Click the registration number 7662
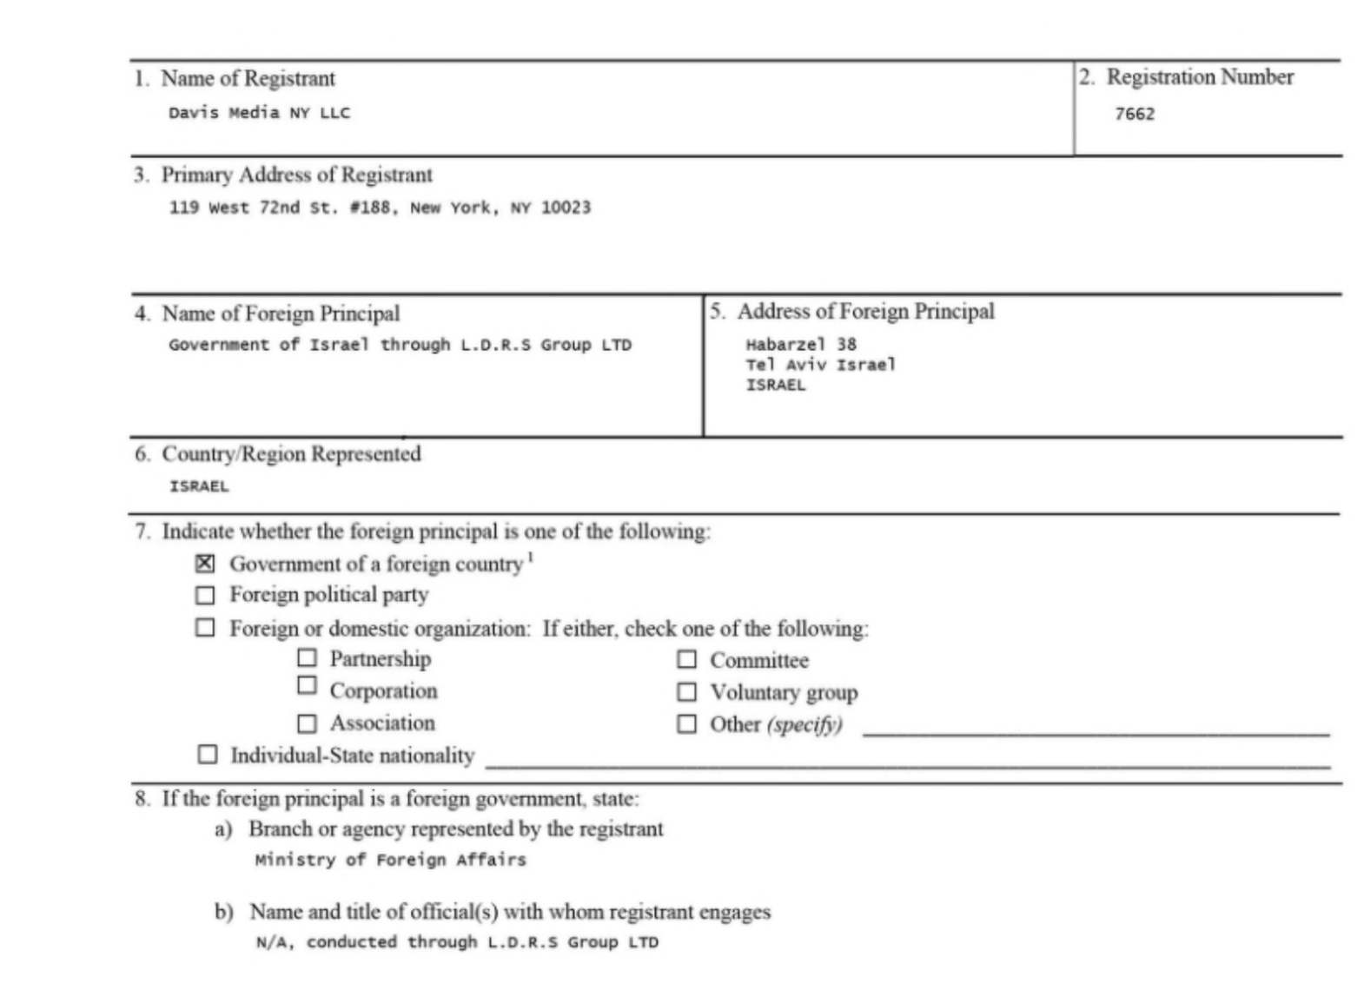pyautogui.click(x=1135, y=114)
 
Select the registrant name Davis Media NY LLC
pyautogui.click(x=259, y=113)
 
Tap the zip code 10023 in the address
pyautogui.click(x=566, y=208)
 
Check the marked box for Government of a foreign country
pyautogui.click(x=205, y=564)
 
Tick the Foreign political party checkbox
pyautogui.click(x=205, y=596)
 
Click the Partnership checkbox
pyautogui.click(x=307, y=658)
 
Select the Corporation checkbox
pyautogui.click(x=307, y=685)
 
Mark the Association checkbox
pyautogui.click(x=307, y=723)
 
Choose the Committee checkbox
pyautogui.click(x=686, y=660)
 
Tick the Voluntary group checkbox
pyautogui.click(x=686, y=692)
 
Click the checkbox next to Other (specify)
pyautogui.click(x=686, y=724)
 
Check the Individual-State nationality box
pyautogui.click(x=208, y=755)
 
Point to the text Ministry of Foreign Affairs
pyautogui.click(x=390, y=860)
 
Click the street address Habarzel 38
pyautogui.click(x=800, y=344)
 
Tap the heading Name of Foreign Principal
pyautogui.click(x=281, y=313)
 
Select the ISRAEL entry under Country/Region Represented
pyautogui.click(x=199, y=486)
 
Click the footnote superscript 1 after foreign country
pyautogui.click(x=531, y=558)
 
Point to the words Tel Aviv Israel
pyautogui.click(x=819, y=365)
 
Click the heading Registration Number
pyautogui.click(x=1199, y=77)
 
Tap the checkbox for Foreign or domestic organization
pyautogui.click(x=205, y=627)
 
